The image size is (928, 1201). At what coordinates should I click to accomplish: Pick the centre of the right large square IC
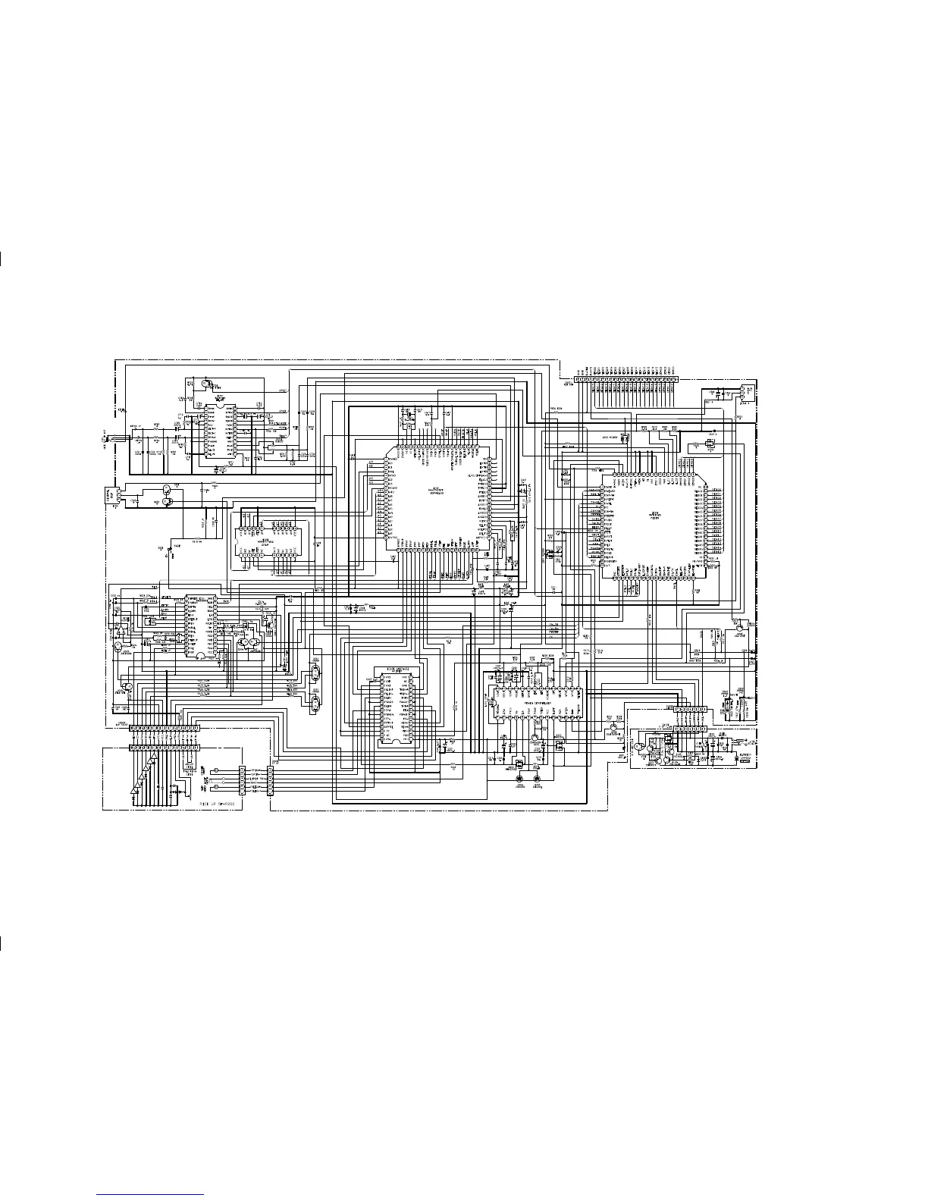click(x=654, y=525)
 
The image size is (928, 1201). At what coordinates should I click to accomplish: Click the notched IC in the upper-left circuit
click(x=219, y=433)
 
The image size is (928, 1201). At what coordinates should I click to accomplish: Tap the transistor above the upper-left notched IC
click(x=207, y=384)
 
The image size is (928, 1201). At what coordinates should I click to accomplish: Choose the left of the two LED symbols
click(x=519, y=779)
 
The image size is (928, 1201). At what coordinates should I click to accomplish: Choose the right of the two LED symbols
click(x=538, y=779)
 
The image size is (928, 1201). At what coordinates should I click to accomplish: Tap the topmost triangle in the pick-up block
click(x=152, y=757)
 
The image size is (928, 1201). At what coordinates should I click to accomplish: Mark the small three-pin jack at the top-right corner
click(x=743, y=393)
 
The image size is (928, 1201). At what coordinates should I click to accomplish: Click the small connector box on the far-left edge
click(x=108, y=497)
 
